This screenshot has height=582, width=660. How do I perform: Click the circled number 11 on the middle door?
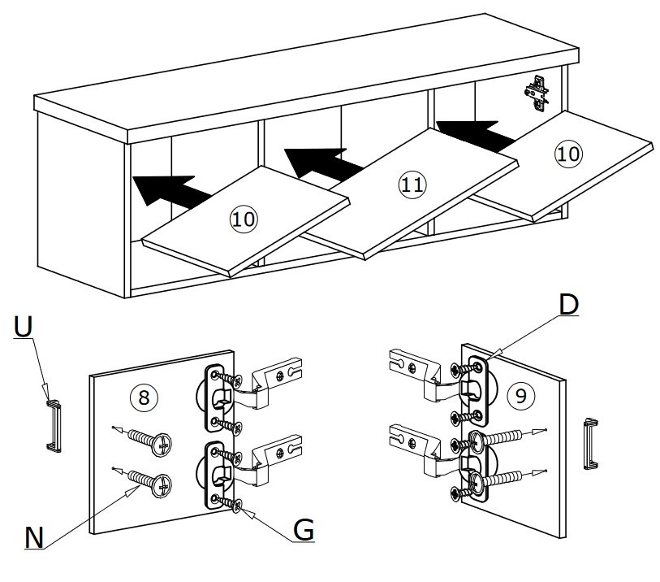[x=412, y=185]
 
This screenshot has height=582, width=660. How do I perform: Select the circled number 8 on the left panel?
[x=144, y=397]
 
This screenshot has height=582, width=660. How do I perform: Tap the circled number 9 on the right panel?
[x=520, y=395]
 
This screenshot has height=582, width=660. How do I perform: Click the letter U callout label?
[x=23, y=327]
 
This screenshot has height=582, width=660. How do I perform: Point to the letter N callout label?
[x=34, y=537]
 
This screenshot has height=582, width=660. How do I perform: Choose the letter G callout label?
[x=304, y=529]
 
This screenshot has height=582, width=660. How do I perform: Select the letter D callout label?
[x=568, y=304]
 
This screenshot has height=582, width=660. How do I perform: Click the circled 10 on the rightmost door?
[x=568, y=154]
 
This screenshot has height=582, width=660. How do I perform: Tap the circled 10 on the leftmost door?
[x=244, y=219]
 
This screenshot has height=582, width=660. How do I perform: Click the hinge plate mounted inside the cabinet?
[x=537, y=93]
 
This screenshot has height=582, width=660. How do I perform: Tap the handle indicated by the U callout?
[x=54, y=426]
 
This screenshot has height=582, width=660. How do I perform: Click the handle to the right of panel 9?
[x=590, y=443]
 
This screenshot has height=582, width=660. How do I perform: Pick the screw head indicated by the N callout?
[x=162, y=486]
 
